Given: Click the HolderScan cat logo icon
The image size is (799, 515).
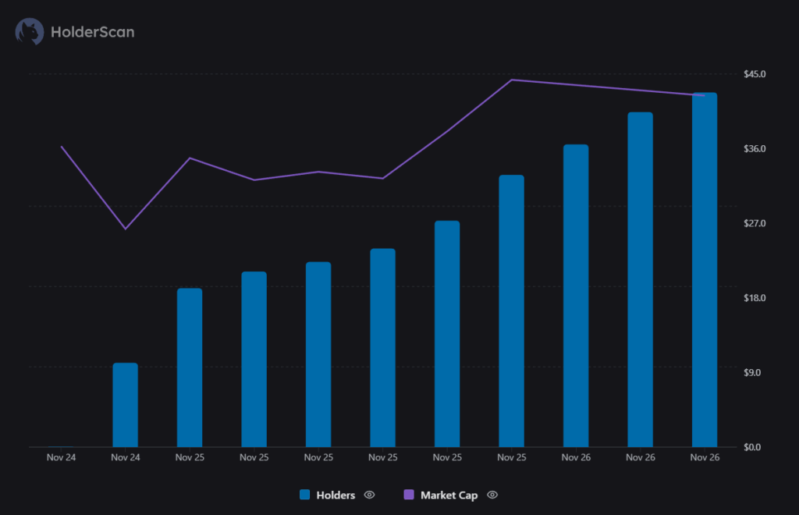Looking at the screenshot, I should pos(30,32).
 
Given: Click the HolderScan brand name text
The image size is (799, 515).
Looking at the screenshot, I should pos(92,32).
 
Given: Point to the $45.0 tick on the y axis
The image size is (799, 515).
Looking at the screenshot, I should pos(755,74).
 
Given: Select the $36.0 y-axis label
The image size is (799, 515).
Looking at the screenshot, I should pos(755,149).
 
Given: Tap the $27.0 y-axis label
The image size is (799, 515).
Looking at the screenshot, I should pos(755,224).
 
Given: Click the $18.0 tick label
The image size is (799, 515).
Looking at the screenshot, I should pos(755,298).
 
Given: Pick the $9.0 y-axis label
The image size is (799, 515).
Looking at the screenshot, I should pos(753,373).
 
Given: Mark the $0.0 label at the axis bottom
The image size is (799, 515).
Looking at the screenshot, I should pos(753,447).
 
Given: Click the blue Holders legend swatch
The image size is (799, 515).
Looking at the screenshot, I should pos(305,495).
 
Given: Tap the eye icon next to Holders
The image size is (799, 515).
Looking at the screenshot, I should pos(370,495).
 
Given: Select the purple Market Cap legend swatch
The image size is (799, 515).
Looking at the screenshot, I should pos(409,495).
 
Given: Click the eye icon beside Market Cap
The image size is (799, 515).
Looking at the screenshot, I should pos(492,495).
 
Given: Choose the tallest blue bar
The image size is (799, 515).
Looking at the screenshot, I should pos(704,269).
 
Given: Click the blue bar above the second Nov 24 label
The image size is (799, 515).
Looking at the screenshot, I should pos(125,405).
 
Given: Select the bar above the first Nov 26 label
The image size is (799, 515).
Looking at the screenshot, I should pos(575,296).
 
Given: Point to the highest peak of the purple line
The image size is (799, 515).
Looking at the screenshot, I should pos(512,80).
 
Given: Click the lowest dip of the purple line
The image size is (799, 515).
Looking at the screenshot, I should pos(125,229).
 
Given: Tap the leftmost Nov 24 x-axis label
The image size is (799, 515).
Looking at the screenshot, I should pos(61,457).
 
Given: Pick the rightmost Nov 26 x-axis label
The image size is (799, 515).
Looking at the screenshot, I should pos(704,457).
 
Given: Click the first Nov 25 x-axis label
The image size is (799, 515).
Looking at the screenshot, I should pos(190,457).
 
